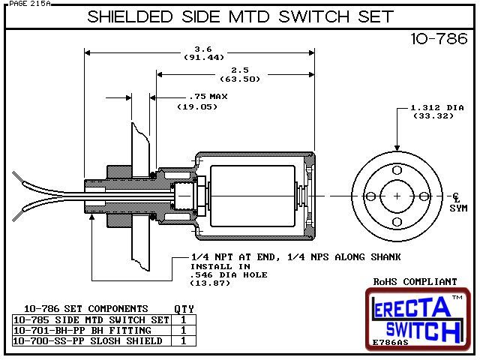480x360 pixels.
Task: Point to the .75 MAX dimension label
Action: (197, 96)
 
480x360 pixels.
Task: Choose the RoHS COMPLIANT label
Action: (415, 282)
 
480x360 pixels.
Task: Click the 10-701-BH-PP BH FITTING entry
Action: (82, 330)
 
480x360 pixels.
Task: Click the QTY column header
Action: (184, 308)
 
